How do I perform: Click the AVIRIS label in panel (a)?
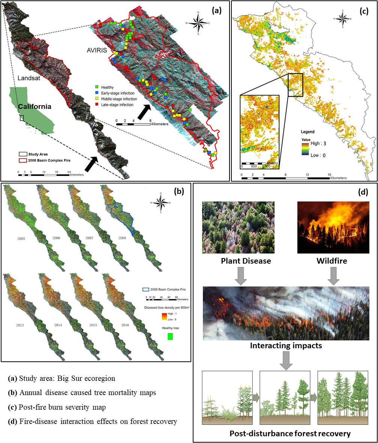[91, 50]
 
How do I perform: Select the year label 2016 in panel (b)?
[125, 325]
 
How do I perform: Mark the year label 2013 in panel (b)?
[18, 325]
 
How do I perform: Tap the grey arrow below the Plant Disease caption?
[238, 275]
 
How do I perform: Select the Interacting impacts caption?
[286, 346]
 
